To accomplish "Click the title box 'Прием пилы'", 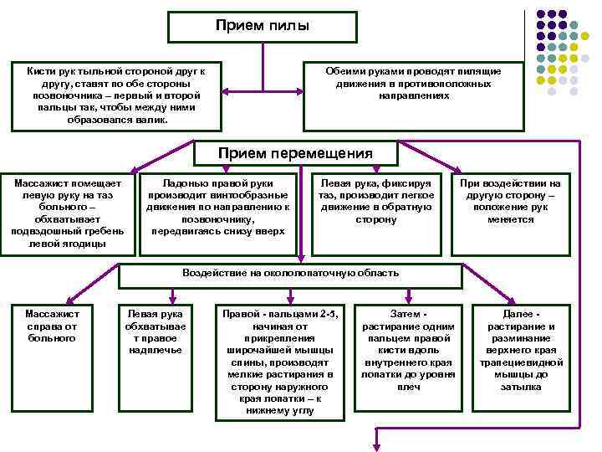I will coord(263,26).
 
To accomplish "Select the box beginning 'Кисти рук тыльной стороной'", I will coord(117,96).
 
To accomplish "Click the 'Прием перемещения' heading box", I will coord(295,152).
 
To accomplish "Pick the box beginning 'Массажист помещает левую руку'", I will coord(68,213).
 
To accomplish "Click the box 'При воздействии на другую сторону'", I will coord(510,213).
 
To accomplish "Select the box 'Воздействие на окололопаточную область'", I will coord(290,274).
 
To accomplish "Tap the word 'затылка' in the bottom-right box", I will coord(521,387).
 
